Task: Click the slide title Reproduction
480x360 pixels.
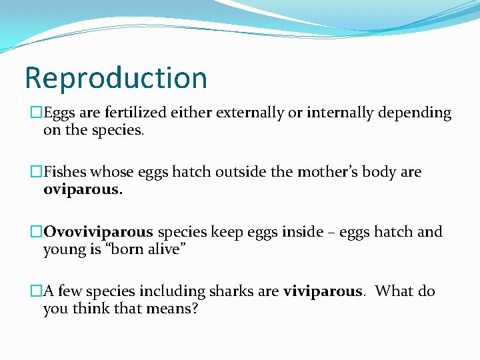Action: coord(116,78)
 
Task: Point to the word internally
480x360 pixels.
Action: coord(340,113)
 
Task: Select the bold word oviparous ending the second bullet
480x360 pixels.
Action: coord(82,190)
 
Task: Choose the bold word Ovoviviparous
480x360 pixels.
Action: coord(99,232)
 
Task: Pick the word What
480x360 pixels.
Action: coord(395,291)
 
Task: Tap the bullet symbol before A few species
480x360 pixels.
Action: coord(37,291)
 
